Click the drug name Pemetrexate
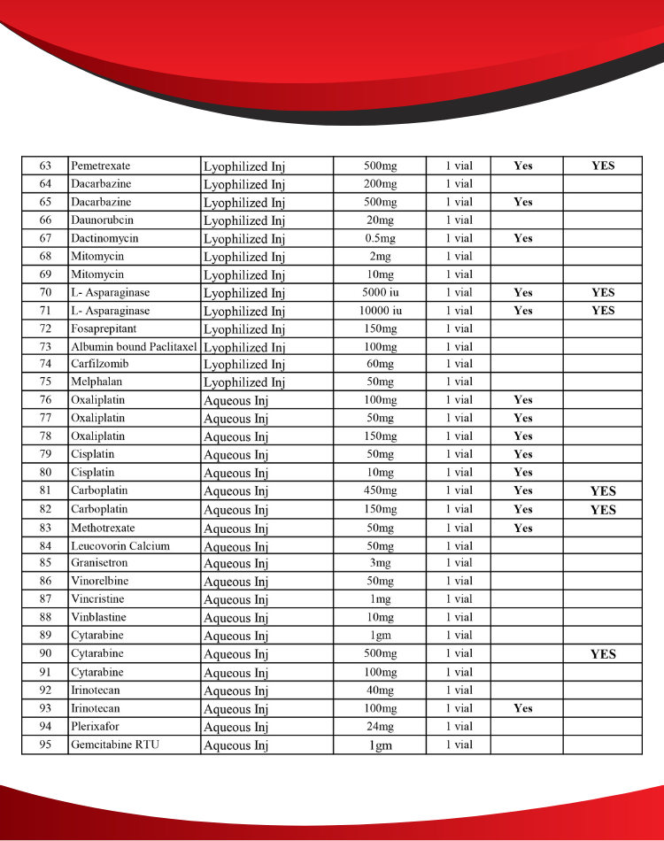(x=101, y=166)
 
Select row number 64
(x=45, y=184)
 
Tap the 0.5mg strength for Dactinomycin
(x=380, y=238)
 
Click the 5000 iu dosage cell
(x=380, y=292)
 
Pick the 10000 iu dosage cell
(x=380, y=311)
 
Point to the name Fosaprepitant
(x=104, y=328)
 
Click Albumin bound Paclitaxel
(x=134, y=346)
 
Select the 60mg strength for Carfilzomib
(x=380, y=364)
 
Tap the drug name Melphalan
(x=97, y=382)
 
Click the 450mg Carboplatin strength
(x=380, y=490)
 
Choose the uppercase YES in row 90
(x=603, y=654)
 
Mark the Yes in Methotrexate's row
(x=523, y=528)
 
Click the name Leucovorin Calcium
(x=120, y=545)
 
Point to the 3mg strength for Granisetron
(x=380, y=563)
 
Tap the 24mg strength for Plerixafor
(x=380, y=727)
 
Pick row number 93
(x=45, y=708)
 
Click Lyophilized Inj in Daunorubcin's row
(x=244, y=220)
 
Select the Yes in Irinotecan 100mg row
(x=523, y=708)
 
